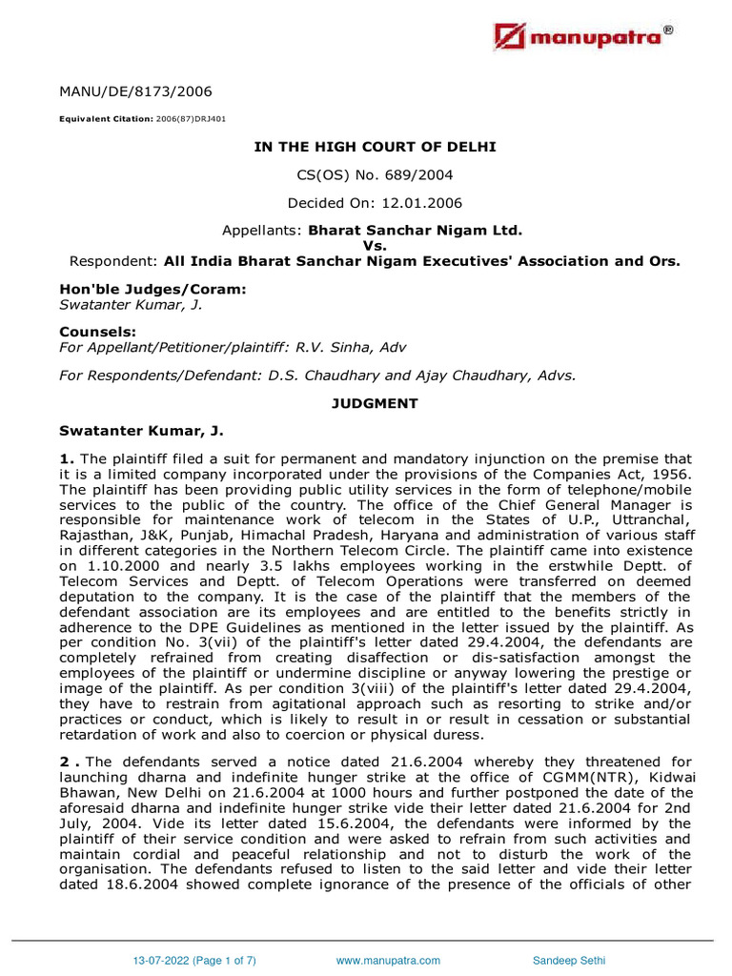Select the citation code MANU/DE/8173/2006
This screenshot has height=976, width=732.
(x=135, y=92)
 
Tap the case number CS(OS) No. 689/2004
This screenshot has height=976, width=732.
(x=375, y=174)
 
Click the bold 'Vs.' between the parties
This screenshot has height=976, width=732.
(x=375, y=246)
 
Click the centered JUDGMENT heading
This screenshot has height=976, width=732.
(x=375, y=403)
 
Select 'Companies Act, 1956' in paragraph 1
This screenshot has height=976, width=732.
(x=627, y=475)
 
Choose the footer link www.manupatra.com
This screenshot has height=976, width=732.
(x=388, y=961)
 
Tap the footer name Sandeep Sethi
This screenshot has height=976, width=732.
(x=567, y=961)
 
